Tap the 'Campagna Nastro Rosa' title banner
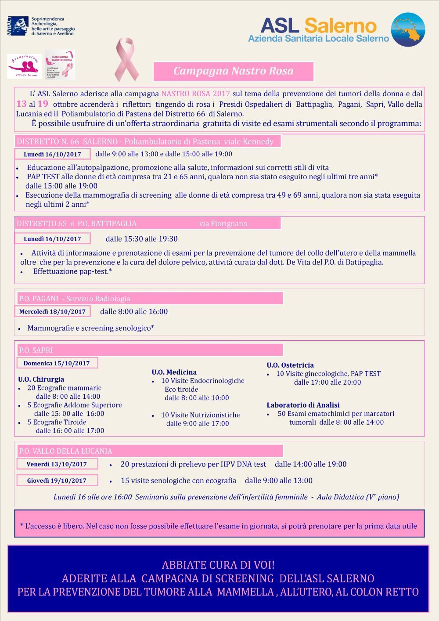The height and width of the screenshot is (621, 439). pyautogui.click(x=233, y=71)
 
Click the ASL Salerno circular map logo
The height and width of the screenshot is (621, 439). pyautogui.click(x=408, y=29)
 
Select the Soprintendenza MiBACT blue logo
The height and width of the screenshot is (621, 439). pyautogui.click(x=18, y=26)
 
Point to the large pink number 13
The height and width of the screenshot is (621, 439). pyautogui.click(x=21, y=104)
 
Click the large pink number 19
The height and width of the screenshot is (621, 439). pyautogui.click(x=43, y=104)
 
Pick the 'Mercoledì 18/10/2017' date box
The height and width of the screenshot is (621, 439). pyautogui.click(x=52, y=311)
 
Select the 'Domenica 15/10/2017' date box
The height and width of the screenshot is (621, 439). pyautogui.click(x=57, y=363)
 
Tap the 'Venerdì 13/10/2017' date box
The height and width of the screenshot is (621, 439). pyautogui.click(x=57, y=464)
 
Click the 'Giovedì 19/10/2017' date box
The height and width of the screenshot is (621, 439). pyautogui.click(x=57, y=480)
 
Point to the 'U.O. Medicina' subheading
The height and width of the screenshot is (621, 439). pyautogui.click(x=174, y=372)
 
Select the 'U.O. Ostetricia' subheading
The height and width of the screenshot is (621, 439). pyautogui.click(x=290, y=365)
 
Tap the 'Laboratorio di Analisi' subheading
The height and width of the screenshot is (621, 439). pyautogui.click(x=303, y=405)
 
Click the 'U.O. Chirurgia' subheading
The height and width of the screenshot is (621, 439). pyautogui.click(x=41, y=379)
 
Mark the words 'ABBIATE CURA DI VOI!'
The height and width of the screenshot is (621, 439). pyautogui.click(x=218, y=565)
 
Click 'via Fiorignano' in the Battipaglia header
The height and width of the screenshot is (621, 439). pyautogui.click(x=223, y=224)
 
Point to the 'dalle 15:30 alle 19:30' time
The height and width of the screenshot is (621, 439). pyautogui.click(x=141, y=239)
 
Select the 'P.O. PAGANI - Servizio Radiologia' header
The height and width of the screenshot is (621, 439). pyautogui.click(x=75, y=299)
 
